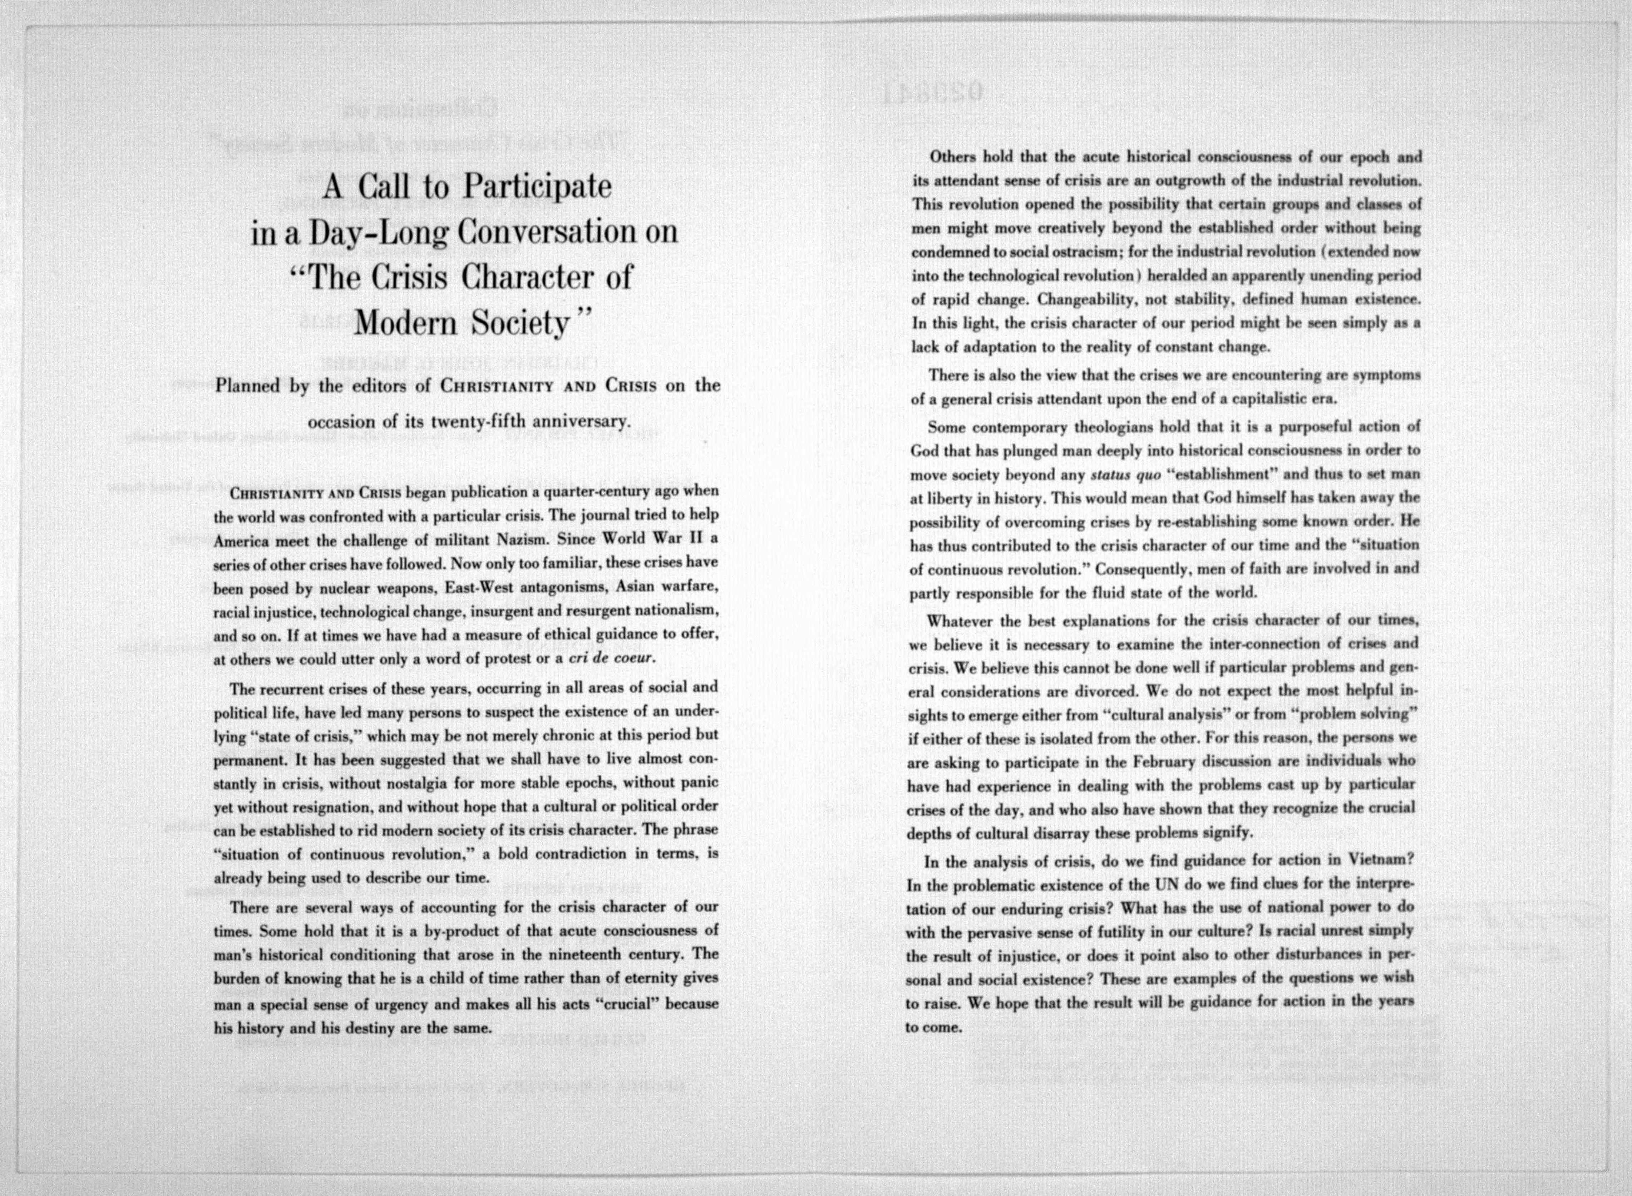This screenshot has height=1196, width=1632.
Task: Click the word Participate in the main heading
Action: (x=538, y=187)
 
